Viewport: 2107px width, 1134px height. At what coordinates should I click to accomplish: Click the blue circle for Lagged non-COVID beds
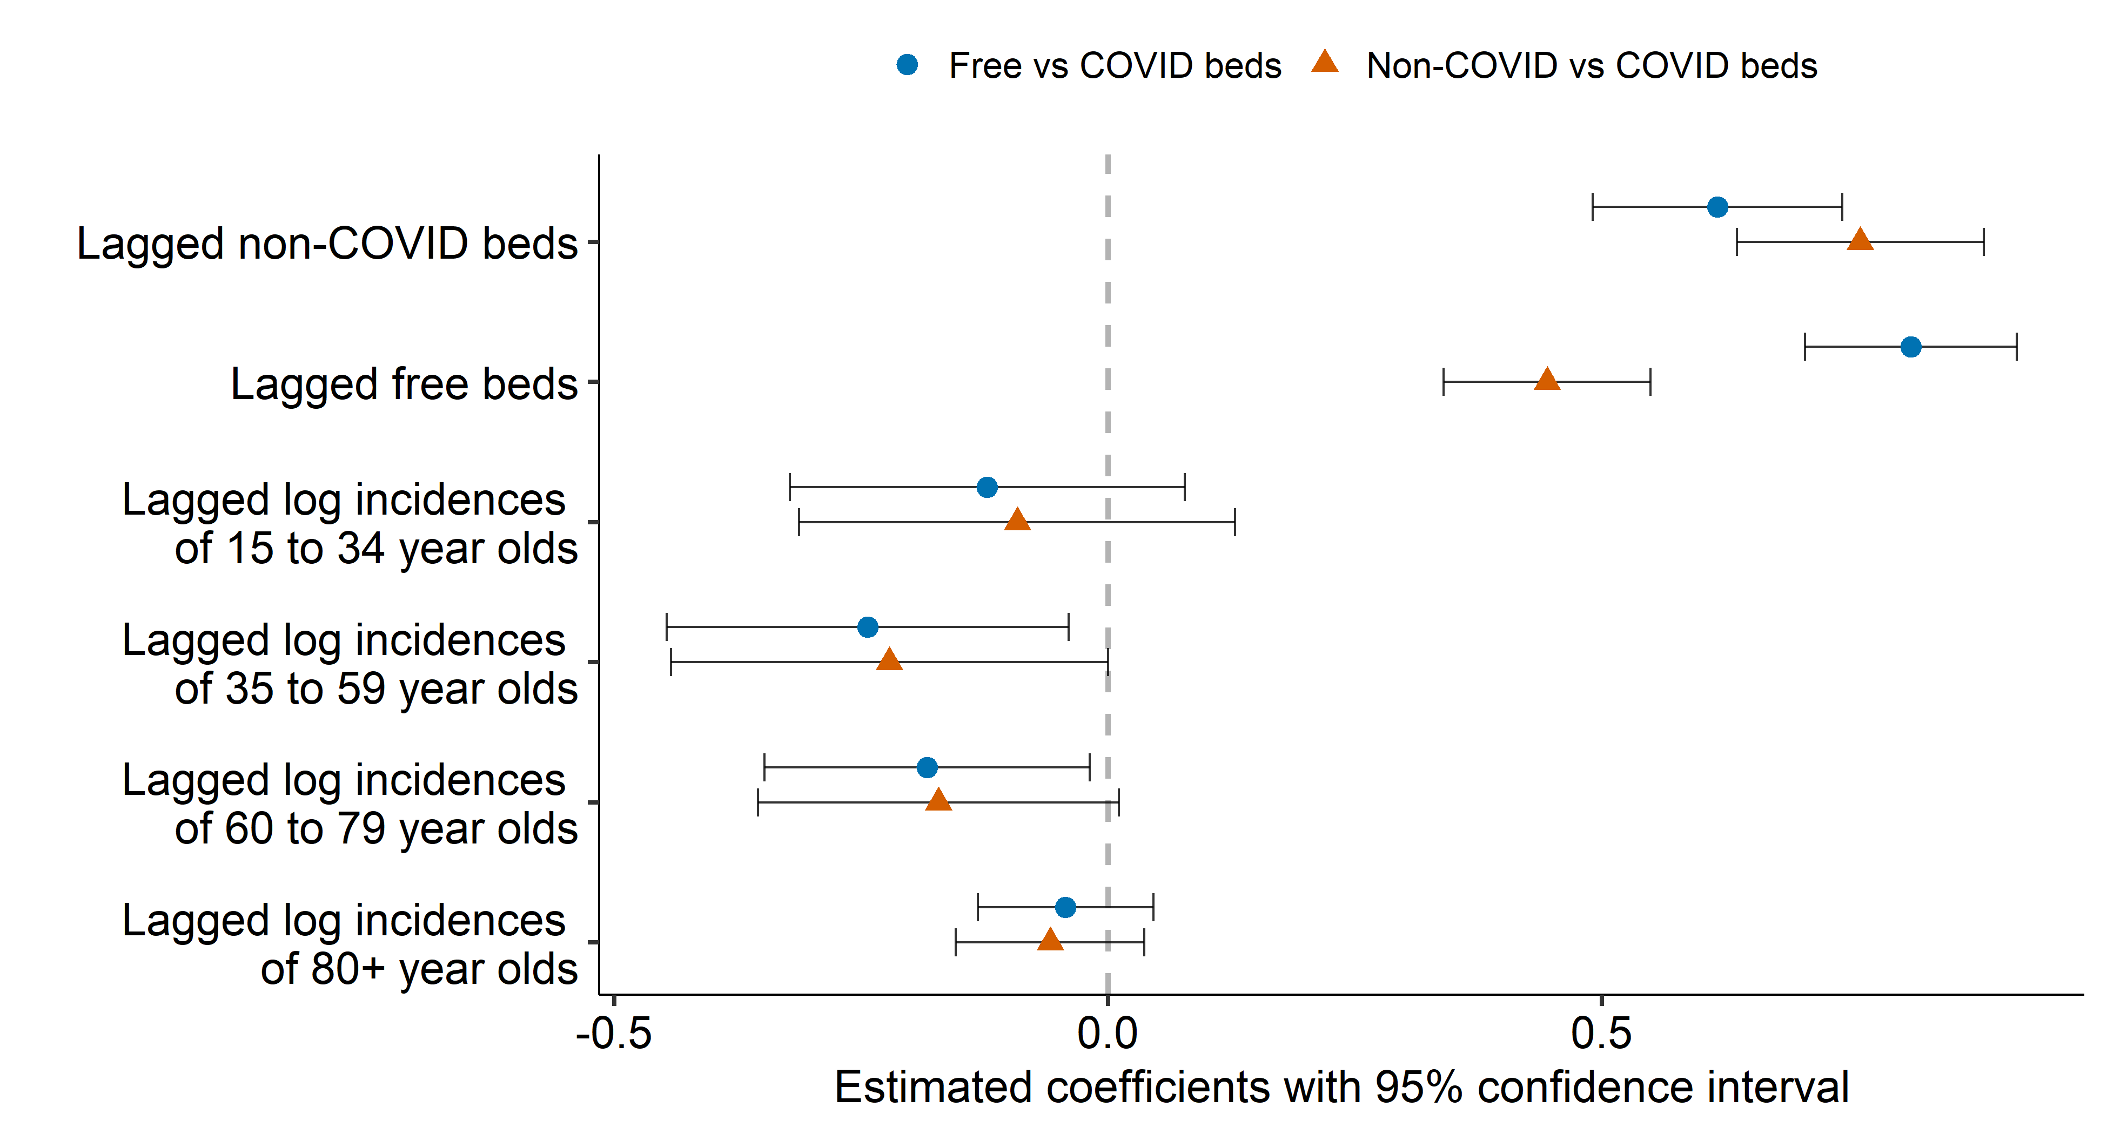[1717, 207]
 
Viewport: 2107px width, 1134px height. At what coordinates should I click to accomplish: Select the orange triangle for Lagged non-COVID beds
[1860, 240]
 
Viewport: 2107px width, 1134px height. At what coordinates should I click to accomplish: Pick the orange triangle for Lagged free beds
[1547, 380]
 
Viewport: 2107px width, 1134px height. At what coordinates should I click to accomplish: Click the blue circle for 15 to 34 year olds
[987, 487]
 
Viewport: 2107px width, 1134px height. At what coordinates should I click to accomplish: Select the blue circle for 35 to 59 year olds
[868, 627]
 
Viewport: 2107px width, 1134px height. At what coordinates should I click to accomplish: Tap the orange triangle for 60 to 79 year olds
[938, 800]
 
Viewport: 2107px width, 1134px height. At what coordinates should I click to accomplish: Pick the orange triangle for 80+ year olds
[1050, 940]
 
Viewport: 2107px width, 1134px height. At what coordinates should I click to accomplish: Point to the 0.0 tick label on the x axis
[1108, 1034]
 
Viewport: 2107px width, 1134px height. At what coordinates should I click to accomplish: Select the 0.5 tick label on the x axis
[1601, 1034]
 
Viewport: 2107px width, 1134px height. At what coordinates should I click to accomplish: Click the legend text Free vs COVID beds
[1114, 65]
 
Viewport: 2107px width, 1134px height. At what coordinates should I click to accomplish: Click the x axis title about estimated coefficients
[1341, 1088]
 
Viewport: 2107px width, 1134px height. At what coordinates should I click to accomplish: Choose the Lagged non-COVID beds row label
[327, 244]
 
